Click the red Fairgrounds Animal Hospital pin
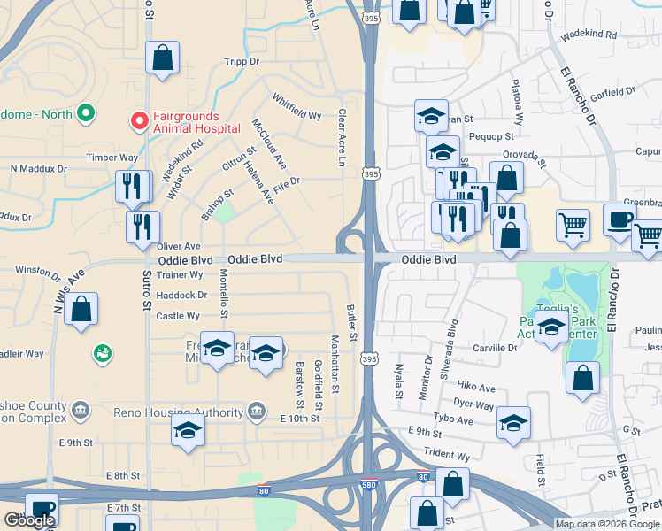coord(139,121)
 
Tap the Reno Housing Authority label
coord(178,412)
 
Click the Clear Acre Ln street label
coord(342,138)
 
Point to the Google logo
coord(29,520)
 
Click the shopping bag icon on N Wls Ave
coord(81,310)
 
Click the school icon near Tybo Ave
coord(513,423)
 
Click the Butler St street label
coord(351,323)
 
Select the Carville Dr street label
coord(494,349)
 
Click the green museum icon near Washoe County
coord(103,354)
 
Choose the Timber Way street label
coord(112,158)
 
